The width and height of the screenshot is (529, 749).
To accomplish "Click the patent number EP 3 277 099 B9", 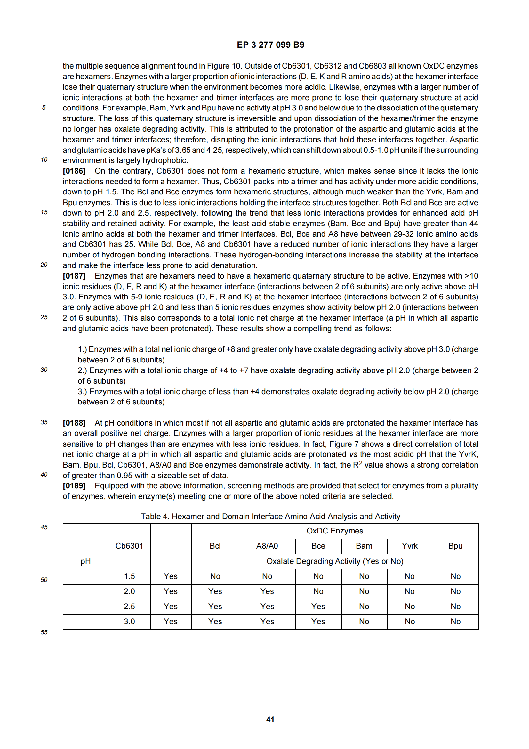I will coord(270,45).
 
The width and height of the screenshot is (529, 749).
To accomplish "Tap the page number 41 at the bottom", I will coord(270,719).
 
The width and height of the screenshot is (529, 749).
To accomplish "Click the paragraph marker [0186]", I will coord(74,171).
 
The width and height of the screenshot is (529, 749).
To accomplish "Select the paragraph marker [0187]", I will coord(74,276).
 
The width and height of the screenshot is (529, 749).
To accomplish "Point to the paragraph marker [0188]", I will coord(74,423).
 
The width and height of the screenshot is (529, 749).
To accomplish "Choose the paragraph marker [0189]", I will coord(74,486).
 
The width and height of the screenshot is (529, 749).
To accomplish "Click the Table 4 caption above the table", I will coord(270,517).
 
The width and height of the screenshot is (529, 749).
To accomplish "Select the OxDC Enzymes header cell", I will coord(335,531).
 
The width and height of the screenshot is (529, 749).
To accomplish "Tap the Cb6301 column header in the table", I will coord(129,546).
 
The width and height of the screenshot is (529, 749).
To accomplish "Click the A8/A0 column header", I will coord(267,546).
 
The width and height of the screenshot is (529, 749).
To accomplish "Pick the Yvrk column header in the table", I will coord(410,546).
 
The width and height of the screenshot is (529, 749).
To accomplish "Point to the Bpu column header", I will coord(455,546).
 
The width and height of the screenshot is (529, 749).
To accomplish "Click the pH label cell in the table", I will coord(86,561).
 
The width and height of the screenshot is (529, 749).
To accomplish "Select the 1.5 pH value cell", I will coord(129,576).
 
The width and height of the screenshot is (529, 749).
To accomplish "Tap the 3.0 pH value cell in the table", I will coord(129,622).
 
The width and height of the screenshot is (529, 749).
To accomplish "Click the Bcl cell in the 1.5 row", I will coord(215,576).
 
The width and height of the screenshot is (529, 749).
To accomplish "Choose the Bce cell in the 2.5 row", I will coord(318,607).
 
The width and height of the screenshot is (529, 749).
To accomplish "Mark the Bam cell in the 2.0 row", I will coord(364,591).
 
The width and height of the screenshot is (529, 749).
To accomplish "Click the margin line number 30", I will coord(44,370).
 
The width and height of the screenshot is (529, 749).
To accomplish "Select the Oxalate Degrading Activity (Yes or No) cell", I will coord(335,561).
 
